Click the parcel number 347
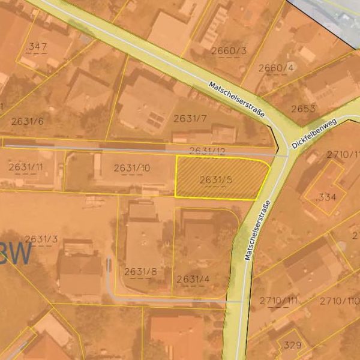point(37,46)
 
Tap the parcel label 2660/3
point(229,51)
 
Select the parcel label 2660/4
point(276,68)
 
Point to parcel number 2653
point(303,109)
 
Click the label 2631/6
point(27,121)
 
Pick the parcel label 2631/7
point(190,118)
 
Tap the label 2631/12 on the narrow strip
point(207,151)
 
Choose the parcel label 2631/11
point(26,167)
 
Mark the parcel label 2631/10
point(132,168)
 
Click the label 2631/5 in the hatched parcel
point(216,179)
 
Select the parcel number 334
point(327,197)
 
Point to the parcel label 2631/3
point(41,239)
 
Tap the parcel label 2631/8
point(140,272)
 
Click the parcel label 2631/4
point(193,279)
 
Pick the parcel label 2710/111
point(278,301)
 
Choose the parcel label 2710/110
point(338,301)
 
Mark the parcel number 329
point(292,345)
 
